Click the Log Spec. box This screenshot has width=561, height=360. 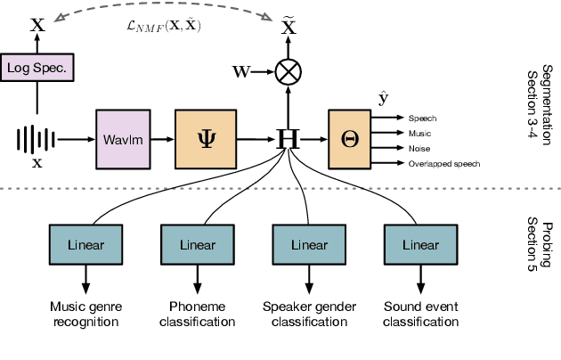pyautogui.click(x=37, y=67)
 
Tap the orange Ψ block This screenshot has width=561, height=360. pyautogui.click(x=206, y=139)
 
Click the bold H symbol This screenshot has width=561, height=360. pyautogui.click(x=288, y=139)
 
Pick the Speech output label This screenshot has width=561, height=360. pyautogui.click(x=422, y=118)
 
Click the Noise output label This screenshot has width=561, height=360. pyautogui.click(x=420, y=148)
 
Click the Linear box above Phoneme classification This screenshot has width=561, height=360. pyautogui.click(x=196, y=243)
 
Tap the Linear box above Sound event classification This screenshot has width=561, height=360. pyautogui.click(x=417, y=243)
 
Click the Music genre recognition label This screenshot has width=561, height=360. pyautogui.click(x=86, y=315)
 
